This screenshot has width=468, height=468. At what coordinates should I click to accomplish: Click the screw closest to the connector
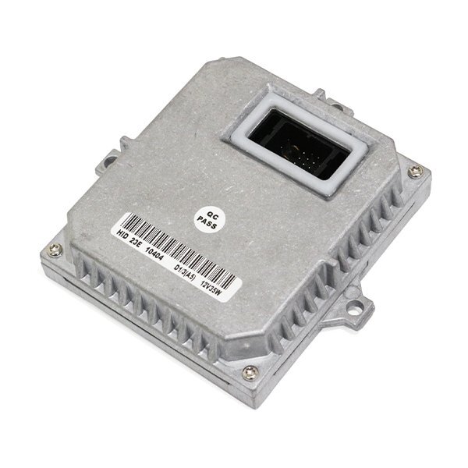click(x=416, y=171)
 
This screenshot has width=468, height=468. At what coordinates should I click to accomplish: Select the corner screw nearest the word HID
click(x=54, y=250)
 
